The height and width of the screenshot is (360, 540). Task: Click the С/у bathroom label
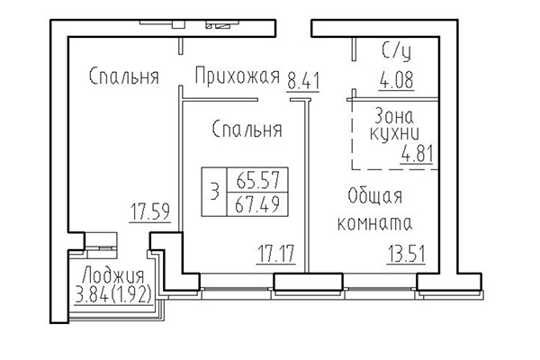point(397,51)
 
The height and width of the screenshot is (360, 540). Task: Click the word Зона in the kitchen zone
point(396,114)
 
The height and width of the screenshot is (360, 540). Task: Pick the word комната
point(373,222)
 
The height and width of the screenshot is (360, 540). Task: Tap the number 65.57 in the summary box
point(256,179)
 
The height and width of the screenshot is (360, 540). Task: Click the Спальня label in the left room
point(123,76)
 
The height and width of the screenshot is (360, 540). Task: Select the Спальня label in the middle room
point(247,130)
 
